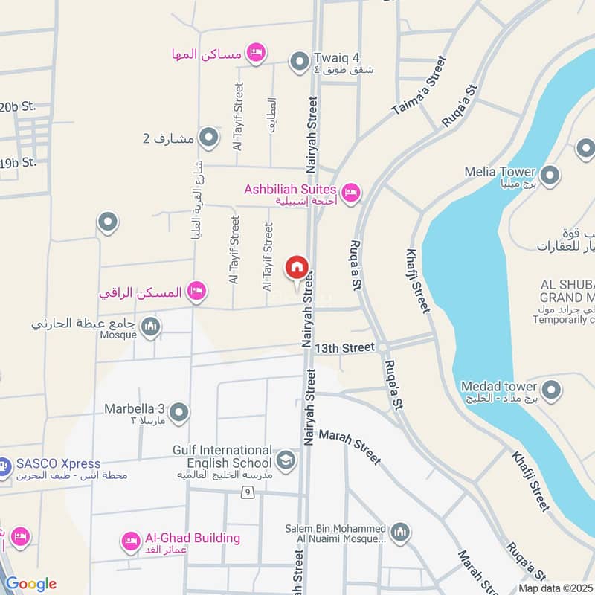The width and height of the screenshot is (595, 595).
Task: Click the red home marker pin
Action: pos(296,267)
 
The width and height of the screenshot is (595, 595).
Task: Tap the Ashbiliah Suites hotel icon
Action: pos(352,193)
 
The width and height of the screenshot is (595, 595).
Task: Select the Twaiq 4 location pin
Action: pos(299,60)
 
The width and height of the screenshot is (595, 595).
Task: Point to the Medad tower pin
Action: pos(551,388)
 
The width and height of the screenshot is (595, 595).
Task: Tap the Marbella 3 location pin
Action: pos(179,411)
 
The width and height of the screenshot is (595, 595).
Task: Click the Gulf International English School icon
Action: pos(286,461)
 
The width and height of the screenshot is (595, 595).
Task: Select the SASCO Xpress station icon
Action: pos(4,466)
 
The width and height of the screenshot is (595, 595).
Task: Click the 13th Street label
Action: pos(344,347)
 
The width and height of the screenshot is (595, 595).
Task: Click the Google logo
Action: pos(30,584)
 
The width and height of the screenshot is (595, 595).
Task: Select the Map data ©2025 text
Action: pos(555,588)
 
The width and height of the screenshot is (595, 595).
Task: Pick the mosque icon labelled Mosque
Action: pos(151,327)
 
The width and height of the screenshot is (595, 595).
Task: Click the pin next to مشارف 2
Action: pos(209,138)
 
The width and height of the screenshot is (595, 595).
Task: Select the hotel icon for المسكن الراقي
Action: pos(196,292)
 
